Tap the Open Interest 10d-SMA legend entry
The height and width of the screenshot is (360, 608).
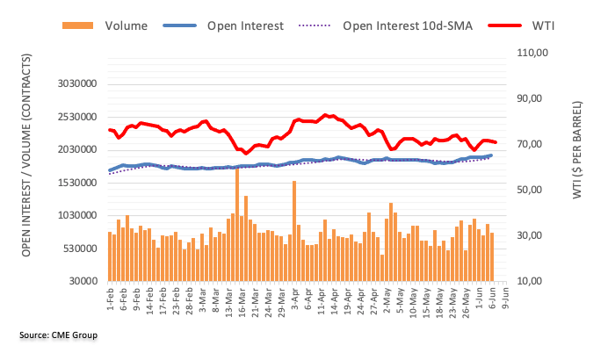tap(405, 25)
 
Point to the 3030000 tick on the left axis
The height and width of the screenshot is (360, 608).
tap(72, 84)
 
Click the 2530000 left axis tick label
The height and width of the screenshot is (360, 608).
tap(72, 117)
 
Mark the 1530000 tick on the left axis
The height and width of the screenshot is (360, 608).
tap(72, 183)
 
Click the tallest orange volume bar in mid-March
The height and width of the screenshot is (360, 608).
tap(237, 224)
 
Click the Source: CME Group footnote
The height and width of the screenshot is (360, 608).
tap(58, 335)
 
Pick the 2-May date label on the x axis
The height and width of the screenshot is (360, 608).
tap(387, 299)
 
